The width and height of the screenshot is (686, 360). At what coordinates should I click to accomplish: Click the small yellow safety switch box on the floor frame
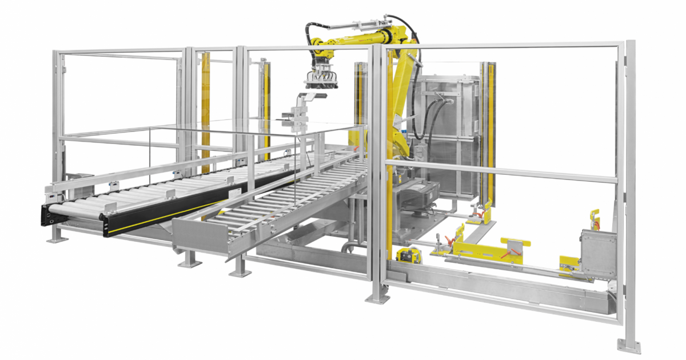(x=408, y=255)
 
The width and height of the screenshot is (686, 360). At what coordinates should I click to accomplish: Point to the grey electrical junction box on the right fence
(x=598, y=246)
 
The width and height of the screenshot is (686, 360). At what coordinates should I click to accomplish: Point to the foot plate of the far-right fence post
(x=629, y=345)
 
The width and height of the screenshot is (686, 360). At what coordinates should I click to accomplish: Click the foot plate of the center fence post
(x=378, y=298)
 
